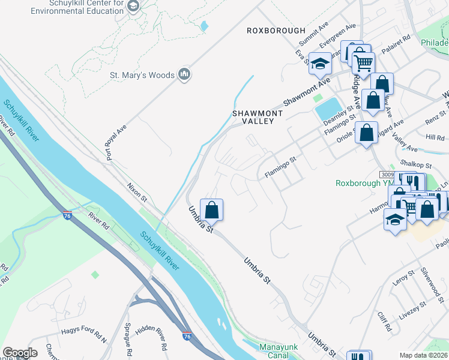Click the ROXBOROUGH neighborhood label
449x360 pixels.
(x=276, y=31)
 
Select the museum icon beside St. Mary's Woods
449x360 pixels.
(x=184, y=74)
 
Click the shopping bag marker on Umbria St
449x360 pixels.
(x=211, y=210)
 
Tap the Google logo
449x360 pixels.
(x=20, y=353)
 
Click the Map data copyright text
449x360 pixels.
(x=423, y=356)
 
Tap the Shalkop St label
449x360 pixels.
(x=417, y=164)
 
